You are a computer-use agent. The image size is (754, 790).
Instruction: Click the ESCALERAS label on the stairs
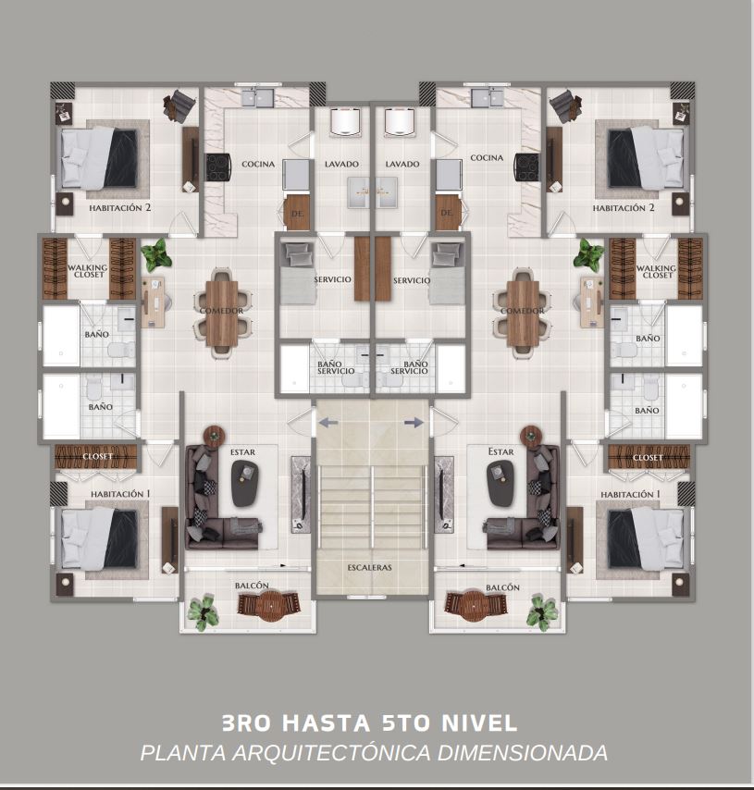[x=369, y=567]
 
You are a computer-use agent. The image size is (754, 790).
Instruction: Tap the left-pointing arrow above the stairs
[x=328, y=423]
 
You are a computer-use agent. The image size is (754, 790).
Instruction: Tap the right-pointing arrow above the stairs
[x=414, y=422]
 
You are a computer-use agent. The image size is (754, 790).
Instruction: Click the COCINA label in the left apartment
[x=258, y=164]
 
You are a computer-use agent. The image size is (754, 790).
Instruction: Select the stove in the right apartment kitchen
[x=527, y=167]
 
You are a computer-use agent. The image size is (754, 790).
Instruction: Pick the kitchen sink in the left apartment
[x=257, y=97]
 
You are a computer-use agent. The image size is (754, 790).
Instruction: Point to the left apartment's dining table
[x=222, y=313]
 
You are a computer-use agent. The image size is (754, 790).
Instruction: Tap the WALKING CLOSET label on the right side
[x=656, y=272]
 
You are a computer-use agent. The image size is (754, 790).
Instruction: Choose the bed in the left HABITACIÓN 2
[x=100, y=158]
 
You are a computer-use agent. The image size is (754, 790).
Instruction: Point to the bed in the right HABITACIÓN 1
[x=646, y=539]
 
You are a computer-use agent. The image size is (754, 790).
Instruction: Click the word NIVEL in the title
[x=479, y=723]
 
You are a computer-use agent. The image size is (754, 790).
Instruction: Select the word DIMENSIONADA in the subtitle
[x=522, y=753]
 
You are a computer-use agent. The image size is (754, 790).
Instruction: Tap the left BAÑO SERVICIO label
[x=336, y=367]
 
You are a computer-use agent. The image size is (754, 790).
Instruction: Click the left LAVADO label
[x=341, y=164]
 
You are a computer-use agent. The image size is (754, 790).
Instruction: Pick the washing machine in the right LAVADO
[x=401, y=122]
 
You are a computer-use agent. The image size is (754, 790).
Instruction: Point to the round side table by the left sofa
[x=215, y=436]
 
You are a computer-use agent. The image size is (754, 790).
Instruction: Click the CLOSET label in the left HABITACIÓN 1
[x=98, y=456]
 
